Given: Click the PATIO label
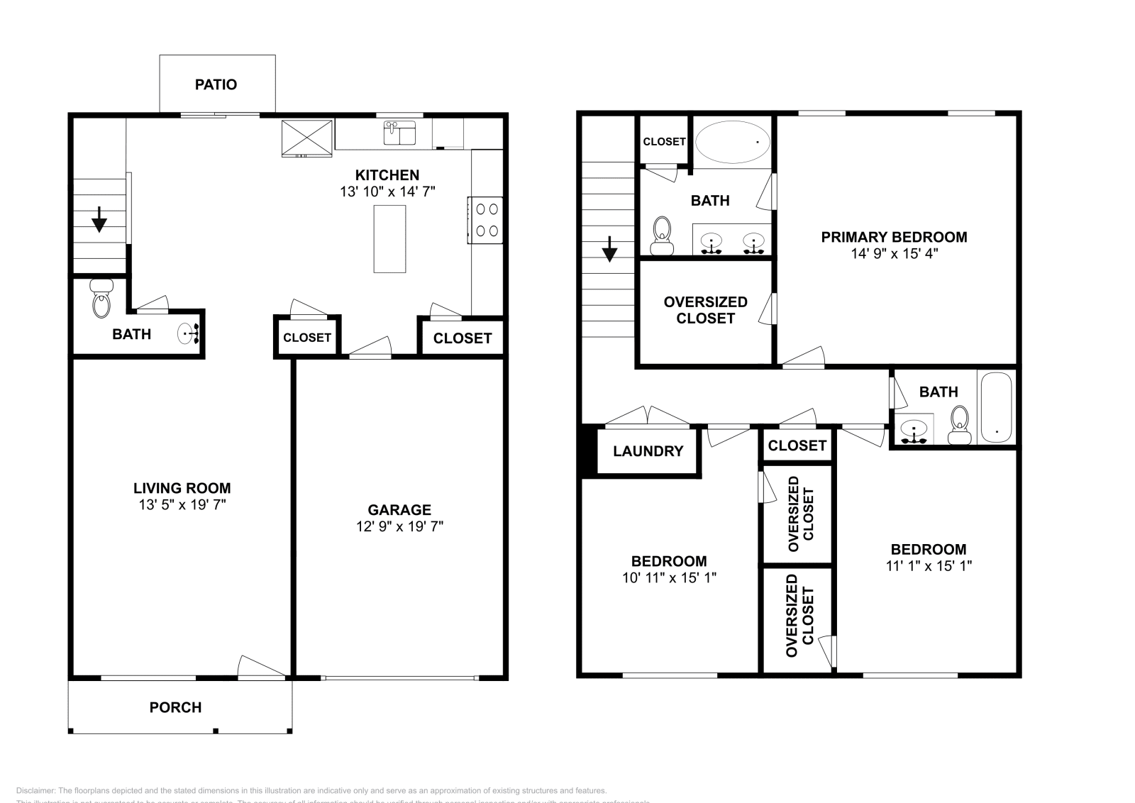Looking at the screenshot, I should pyautogui.click(x=216, y=84).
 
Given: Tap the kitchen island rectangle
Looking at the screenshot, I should pyautogui.click(x=389, y=239).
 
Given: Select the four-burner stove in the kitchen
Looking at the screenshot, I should pyautogui.click(x=486, y=220).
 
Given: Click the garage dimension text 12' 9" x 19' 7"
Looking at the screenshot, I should pyautogui.click(x=399, y=526).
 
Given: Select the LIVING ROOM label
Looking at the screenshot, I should pyautogui.click(x=182, y=488).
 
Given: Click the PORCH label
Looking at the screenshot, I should pyautogui.click(x=175, y=707).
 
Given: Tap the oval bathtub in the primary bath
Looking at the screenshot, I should pyautogui.click(x=733, y=142).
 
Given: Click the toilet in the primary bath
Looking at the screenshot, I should pyautogui.click(x=663, y=236).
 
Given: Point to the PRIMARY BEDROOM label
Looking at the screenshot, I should pyautogui.click(x=894, y=237).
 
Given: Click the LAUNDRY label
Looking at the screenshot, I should pyautogui.click(x=648, y=451).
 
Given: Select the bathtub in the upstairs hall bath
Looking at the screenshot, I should pyautogui.click(x=997, y=407).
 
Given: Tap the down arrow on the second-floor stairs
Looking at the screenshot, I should pyautogui.click(x=609, y=248).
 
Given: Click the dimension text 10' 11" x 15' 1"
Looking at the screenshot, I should pyautogui.click(x=669, y=577).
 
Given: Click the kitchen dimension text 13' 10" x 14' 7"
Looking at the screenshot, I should pyautogui.click(x=387, y=192).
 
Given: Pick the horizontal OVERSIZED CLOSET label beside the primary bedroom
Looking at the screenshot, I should pyautogui.click(x=705, y=310).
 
